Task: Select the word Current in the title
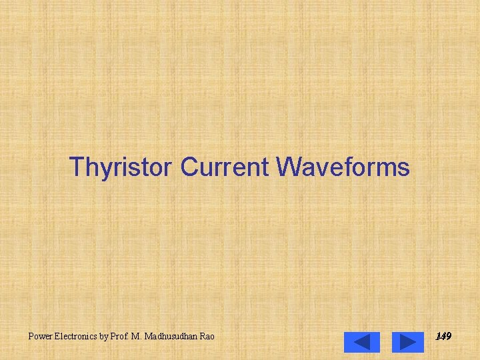point(223,167)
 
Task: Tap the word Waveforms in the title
point(343,167)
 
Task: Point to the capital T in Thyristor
point(77,167)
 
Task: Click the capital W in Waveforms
point(288,167)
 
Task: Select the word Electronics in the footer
point(75,337)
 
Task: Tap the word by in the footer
point(104,337)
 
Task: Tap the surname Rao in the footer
point(207,337)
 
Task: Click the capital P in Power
point(31,337)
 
